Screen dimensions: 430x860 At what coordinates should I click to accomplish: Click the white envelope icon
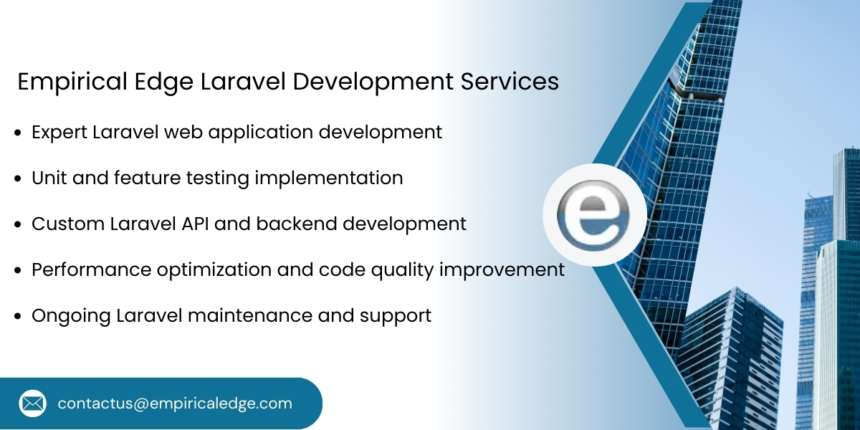coord(33,403)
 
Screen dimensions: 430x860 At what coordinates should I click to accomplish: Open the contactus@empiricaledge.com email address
coord(175,403)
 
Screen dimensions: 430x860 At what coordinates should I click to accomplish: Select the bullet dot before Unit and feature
coord(18,179)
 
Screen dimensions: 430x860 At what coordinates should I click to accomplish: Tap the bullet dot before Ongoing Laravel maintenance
coord(18,317)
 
